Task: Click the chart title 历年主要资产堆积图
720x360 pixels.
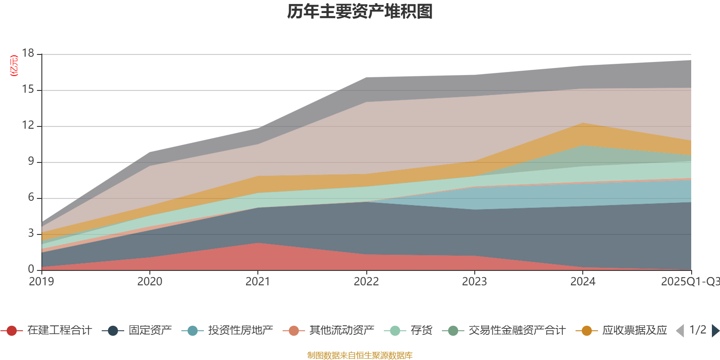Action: pos(360,12)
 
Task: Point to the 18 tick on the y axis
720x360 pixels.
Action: pos(28,54)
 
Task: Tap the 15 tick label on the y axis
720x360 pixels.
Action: pos(28,90)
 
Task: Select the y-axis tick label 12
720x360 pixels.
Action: pos(28,126)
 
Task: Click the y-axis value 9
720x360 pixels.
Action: pos(31,162)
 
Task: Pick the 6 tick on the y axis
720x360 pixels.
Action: pos(31,198)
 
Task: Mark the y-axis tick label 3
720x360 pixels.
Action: pos(31,234)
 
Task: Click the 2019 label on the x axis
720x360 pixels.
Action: pos(41,282)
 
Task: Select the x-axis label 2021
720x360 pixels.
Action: pos(257,282)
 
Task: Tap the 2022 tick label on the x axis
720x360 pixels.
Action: pos(366,282)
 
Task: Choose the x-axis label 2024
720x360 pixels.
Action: pos(583,282)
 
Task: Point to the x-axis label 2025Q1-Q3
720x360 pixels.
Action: pos(690,282)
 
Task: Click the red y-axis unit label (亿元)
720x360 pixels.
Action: pos(14,66)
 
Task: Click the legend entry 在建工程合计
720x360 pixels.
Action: pos(59,331)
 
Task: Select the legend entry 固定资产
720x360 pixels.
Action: pos(150,331)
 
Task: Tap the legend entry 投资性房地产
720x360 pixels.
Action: pos(240,331)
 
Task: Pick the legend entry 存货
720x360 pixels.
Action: pos(421,331)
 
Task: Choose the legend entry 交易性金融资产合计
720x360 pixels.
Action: pos(517,331)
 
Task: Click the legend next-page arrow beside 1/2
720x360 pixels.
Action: pos(715,331)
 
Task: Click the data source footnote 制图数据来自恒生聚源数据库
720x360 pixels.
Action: pos(360,355)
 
